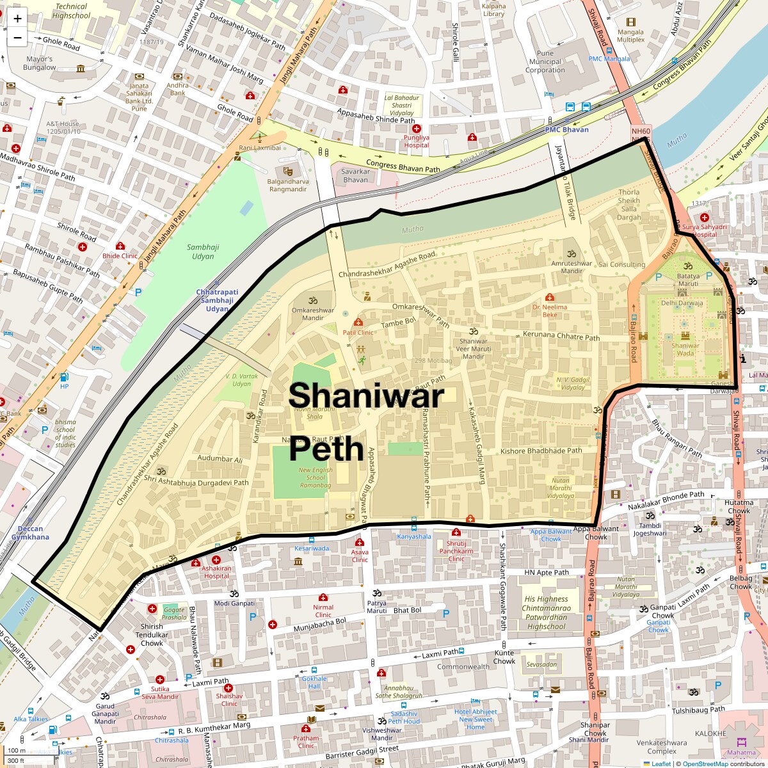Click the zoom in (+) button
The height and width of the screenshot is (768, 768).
point(17,19)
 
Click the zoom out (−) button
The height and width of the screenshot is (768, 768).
point(17,38)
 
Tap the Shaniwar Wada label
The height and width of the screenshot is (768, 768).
point(685,349)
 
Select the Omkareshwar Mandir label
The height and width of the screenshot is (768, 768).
point(312,314)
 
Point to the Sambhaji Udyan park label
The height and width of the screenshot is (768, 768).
point(203,252)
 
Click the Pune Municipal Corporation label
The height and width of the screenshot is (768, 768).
point(545,62)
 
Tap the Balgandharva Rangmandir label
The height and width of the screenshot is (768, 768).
point(288,185)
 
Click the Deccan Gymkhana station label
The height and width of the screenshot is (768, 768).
point(30,532)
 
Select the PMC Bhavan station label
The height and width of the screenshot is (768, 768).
point(566,129)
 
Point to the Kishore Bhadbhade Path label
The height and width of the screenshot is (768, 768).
point(541,451)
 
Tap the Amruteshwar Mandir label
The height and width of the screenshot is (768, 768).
point(572,266)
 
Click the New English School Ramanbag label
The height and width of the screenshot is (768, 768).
point(315,477)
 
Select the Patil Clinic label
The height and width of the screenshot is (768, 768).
point(358,332)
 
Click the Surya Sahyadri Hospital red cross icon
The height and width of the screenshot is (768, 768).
point(704,218)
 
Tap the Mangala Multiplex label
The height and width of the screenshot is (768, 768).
point(630,36)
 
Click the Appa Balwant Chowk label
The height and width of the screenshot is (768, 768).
point(596,532)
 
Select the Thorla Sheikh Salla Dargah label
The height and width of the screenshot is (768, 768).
point(628,205)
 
